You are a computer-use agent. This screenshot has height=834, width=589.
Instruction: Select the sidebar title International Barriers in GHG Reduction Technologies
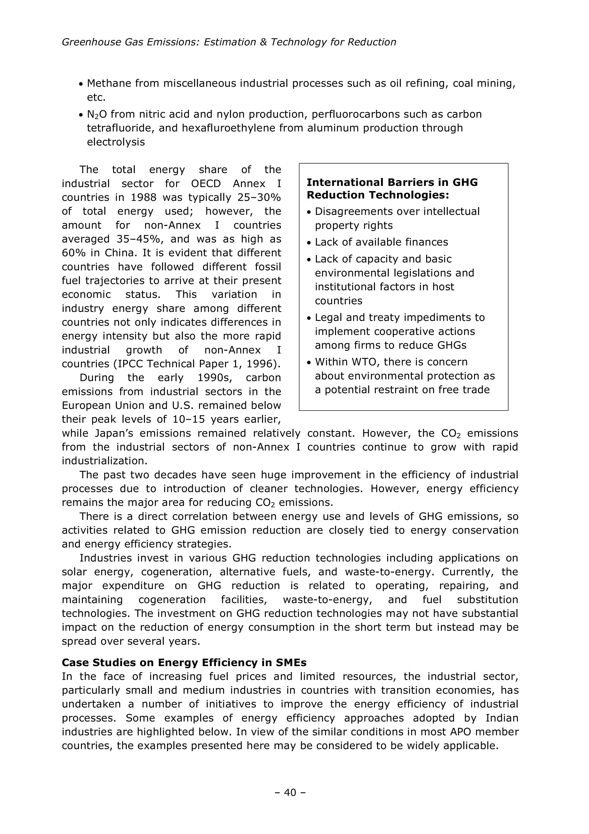(x=392, y=189)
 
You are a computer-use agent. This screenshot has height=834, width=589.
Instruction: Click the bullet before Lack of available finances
(x=309, y=243)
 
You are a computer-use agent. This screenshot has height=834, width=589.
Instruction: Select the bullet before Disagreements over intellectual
(x=309, y=212)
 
